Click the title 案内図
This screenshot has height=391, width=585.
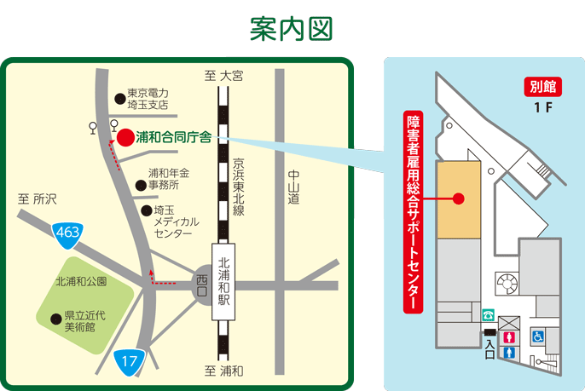291,27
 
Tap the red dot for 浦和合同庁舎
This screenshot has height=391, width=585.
125,136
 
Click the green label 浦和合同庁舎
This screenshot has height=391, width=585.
174,136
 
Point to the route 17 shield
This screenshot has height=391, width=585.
128,362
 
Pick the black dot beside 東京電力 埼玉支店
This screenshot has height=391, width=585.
119,97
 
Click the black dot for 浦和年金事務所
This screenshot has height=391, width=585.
140,184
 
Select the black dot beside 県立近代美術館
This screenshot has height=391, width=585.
55,319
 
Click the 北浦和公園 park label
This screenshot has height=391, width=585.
81,281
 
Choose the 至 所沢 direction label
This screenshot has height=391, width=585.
37,198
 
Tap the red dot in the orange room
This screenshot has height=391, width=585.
459,200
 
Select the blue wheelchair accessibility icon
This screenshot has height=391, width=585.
538,336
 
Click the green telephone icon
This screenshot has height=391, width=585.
489,314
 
